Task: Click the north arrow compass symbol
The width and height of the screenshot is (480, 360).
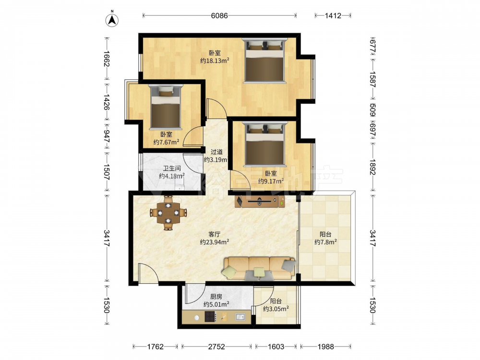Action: click(x=112, y=20)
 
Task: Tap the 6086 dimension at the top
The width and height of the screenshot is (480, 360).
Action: click(x=219, y=15)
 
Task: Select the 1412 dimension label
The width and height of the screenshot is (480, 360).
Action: click(x=333, y=15)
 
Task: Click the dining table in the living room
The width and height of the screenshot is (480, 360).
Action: click(x=168, y=213)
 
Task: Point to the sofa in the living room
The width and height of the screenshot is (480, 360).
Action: click(x=260, y=268)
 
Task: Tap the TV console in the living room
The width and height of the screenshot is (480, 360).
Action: click(x=260, y=202)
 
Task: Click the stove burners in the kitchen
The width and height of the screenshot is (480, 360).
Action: click(x=210, y=316)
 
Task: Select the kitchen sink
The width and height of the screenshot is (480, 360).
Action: click(x=240, y=316)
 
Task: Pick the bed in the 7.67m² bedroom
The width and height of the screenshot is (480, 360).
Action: click(x=165, y=107)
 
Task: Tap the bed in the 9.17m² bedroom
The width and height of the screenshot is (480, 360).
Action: click(x=265, y=144)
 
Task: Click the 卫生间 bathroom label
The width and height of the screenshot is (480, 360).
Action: click(x=172, y=168)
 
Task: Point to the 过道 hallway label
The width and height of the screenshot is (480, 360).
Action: click(x=216, y=152)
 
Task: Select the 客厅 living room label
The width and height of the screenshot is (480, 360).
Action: click(x=214, y=235)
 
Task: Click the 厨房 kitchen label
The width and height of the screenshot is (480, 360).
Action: click(x=216, y=297)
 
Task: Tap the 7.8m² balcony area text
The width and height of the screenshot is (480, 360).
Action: click(x=326, y=242)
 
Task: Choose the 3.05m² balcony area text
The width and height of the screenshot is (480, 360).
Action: click(x=276, y=309)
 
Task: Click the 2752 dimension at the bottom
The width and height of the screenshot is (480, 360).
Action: click(x=216, y=347)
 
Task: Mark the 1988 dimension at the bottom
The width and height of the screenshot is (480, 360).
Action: click(x=325, y=347)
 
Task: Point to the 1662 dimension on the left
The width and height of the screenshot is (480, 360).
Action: click(x=107, y=59)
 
